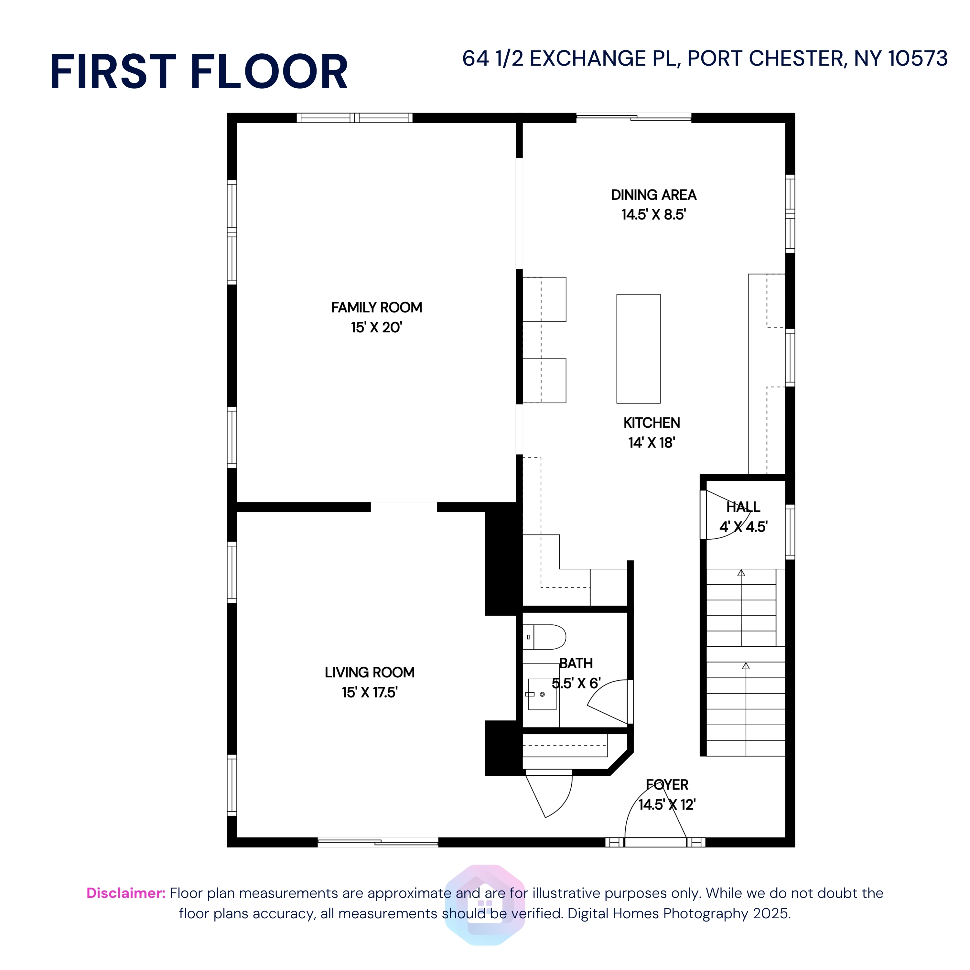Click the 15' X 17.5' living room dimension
(x=370, y=692)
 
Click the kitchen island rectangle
(x=638, y=349)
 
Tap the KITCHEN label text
(x=651, y=423)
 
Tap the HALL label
(x=743, y=507)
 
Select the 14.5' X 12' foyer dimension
(x=667, y=805)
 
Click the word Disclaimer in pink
(x=125, y=893)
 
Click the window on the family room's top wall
(x=354, y=118)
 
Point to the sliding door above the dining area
(x=634, y=117)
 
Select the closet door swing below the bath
(x=552, y=793)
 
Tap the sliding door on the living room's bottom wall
(x=378, y=843)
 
